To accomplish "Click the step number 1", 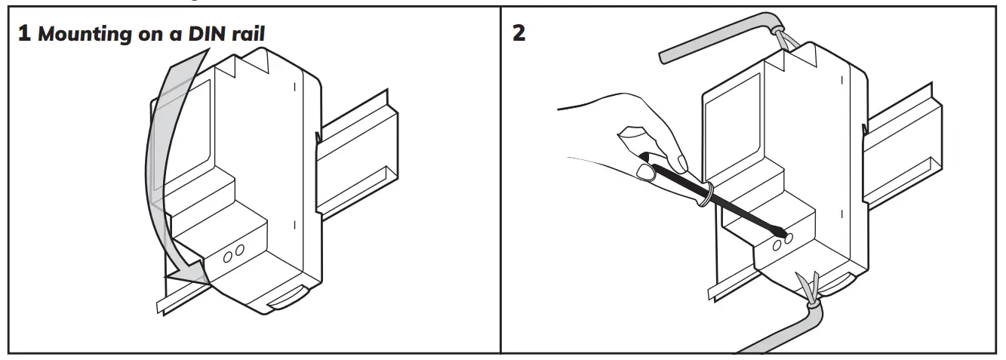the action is pos(24,35).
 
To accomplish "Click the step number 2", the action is pos(519,35).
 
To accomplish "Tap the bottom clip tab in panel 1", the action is pos(288,299).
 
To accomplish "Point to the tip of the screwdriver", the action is pos(785,235).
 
